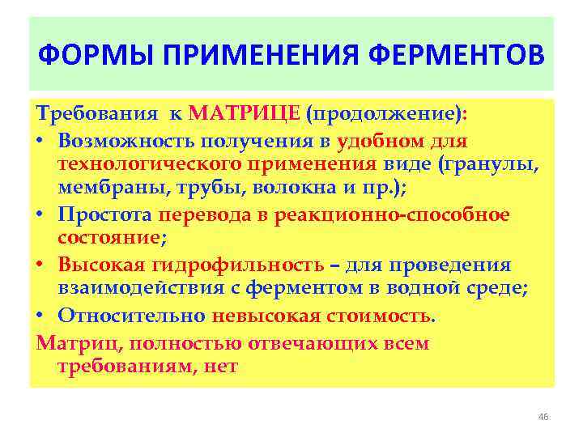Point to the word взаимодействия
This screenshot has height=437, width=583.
(x=130, y=289)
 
